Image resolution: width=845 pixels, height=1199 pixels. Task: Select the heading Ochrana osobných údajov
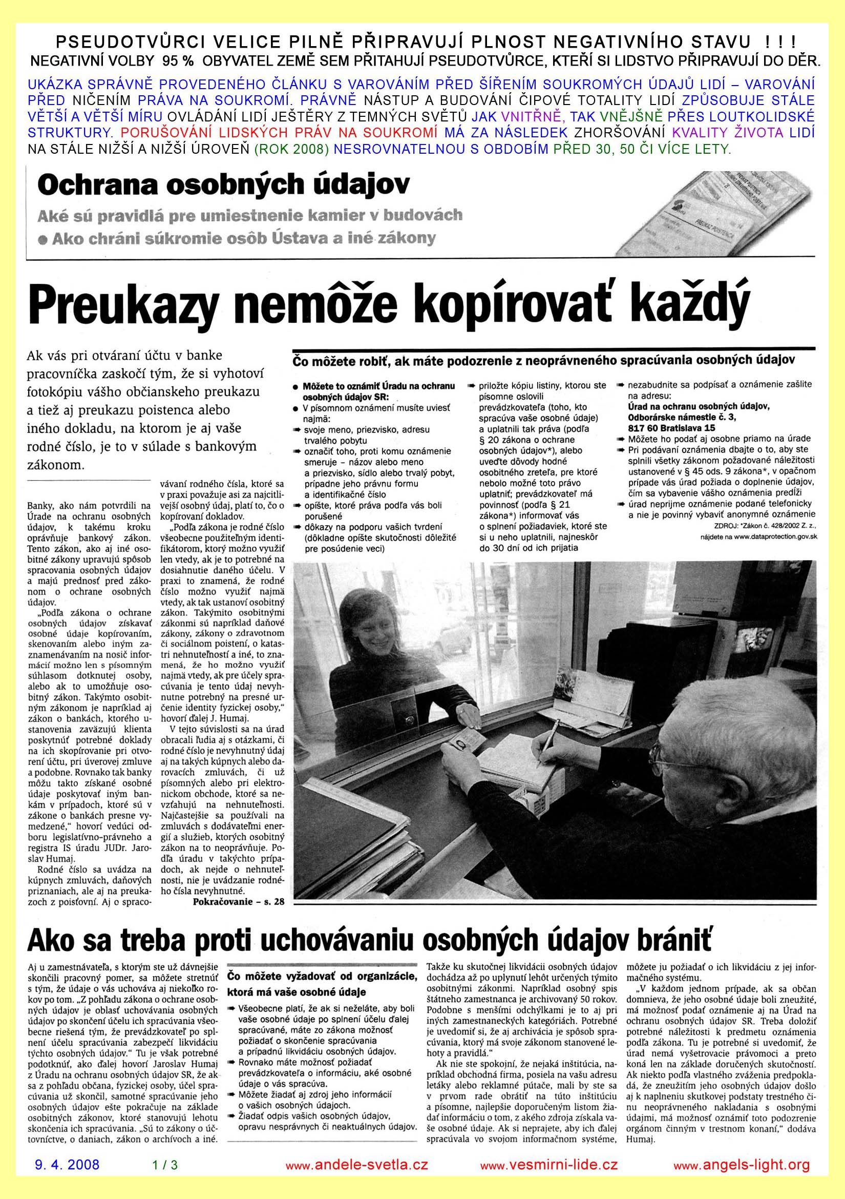pyautogui.click(x=223, y=184)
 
